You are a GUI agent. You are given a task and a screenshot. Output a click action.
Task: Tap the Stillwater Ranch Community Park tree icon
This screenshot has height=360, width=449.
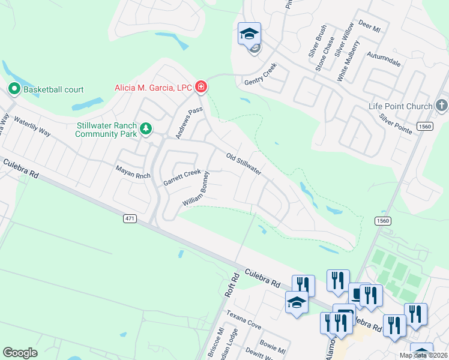click(145, 128)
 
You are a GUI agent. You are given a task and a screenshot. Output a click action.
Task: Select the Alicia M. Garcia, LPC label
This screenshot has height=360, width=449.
click(153, 88)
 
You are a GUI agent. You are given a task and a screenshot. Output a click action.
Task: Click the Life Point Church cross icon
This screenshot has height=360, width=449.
click(441, 106)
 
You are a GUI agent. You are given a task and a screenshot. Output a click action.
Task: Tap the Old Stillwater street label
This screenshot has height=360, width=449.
click(244, 164)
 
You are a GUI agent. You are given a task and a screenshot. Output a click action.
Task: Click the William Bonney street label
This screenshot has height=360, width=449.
click(196, 190)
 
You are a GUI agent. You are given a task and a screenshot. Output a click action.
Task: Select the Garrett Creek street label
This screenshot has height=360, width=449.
click(182, 178)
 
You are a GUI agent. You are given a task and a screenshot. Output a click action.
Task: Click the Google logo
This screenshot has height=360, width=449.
click(20, 353)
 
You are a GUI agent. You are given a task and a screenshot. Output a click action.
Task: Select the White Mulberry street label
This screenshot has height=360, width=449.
click(349, 61)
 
